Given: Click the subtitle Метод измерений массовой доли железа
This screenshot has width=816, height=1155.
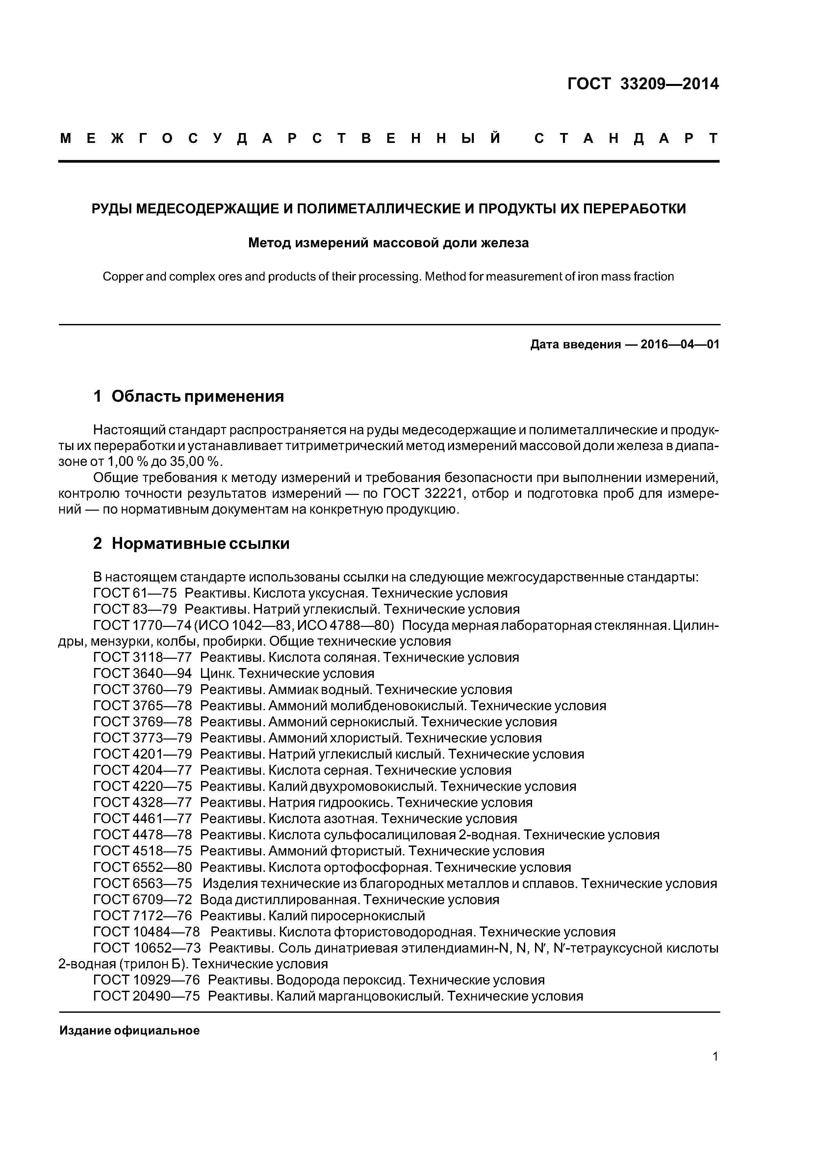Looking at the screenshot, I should point(388,243).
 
